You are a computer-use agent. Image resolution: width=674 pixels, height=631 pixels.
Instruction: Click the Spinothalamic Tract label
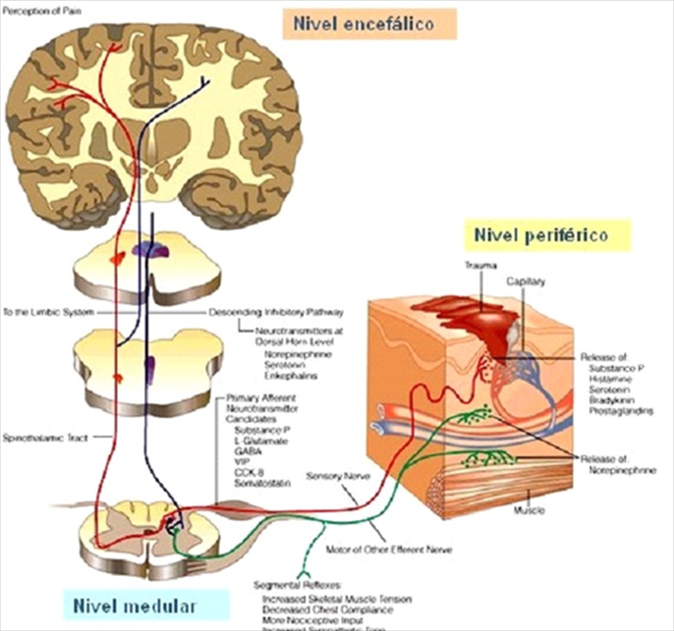click(x=38, y=435)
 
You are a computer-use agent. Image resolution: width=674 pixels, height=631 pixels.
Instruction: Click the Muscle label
click(x=529, y=510)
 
